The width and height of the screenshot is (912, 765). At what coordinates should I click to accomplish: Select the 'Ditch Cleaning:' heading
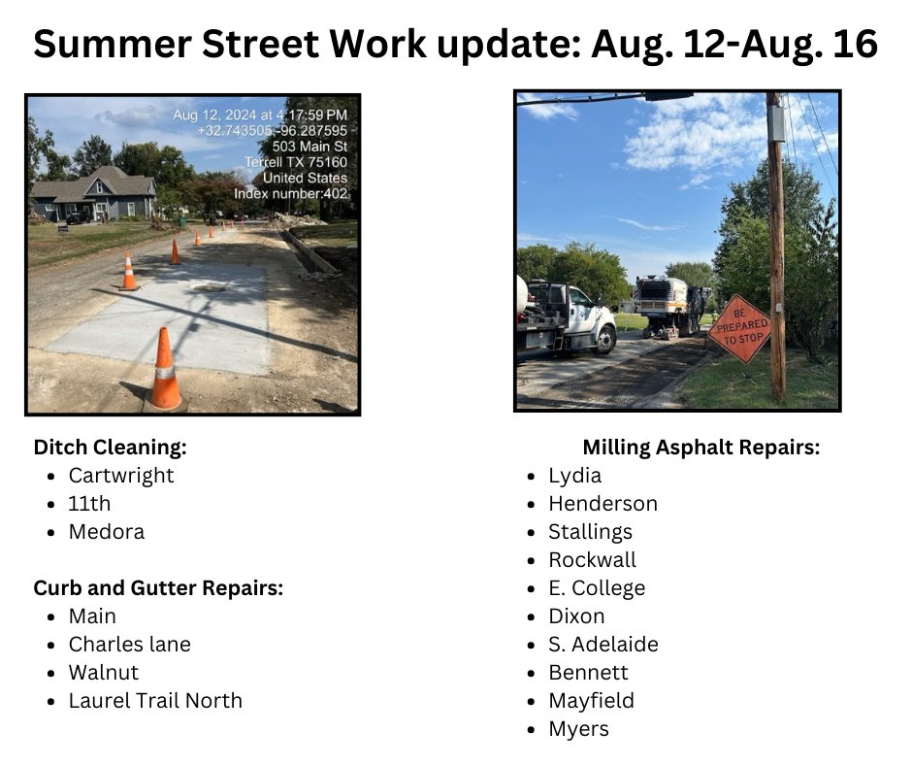pyautogui.click(x=110, y=448)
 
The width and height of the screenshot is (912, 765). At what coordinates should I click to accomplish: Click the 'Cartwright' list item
pyautogui.click(x=121, y=476)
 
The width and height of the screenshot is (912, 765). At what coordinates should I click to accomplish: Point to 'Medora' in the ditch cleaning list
pyautogui.click(x=107, y=532)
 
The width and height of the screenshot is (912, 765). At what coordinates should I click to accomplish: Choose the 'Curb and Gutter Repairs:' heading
pyautogui.click(x=158, y=588)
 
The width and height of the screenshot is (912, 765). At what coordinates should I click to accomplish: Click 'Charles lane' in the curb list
pyautogui.click(x=130, y=645)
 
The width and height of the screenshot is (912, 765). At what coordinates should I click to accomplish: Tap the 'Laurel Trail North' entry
pyautogui.click(x=155, y=701)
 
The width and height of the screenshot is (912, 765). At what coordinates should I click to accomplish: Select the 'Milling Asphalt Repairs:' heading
pyautogui.click(x=701, y=448)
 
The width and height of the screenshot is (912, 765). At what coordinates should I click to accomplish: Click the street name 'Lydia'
pyautogui.click(x=575, y=476)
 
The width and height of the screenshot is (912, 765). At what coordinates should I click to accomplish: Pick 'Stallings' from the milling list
pyautogui.click(x=590, y=532)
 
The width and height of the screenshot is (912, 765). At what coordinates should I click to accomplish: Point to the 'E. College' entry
pyautogui.click(x=597, y=588)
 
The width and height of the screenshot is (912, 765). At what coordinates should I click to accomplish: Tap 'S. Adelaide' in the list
pyautogui.click(x=603, y=645)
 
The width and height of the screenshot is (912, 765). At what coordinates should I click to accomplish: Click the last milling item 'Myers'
pyautogui.click(x=578, y=729)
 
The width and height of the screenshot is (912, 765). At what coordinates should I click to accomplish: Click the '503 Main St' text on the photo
pyautogui.click(x=309, y=147)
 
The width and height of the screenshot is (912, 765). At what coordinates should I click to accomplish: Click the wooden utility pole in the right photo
pyautogui.click(x=775, y=243)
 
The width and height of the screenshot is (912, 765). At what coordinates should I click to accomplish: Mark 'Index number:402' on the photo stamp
pyautogui.click(x=291, y=194)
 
